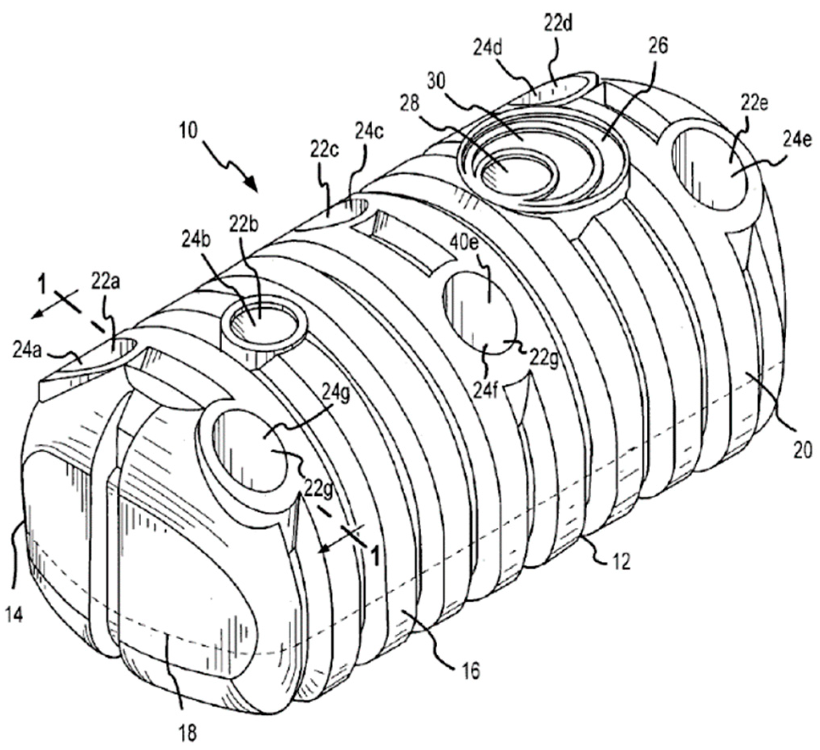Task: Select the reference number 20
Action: pyautogui.click(x=802, y=452)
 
